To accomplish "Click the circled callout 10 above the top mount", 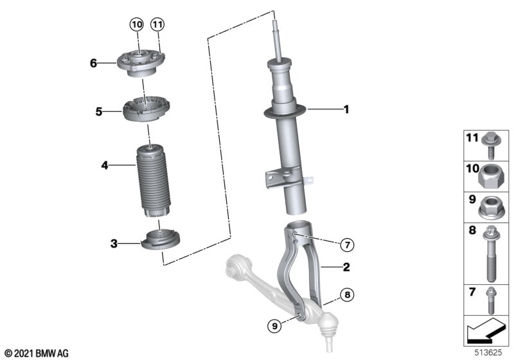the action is [137, 24].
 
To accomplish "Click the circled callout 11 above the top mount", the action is [157, 24].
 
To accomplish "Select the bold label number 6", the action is [93, 63].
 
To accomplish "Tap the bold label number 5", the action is [99, 112].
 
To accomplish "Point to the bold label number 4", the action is [105, 165].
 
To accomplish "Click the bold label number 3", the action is [114, 244].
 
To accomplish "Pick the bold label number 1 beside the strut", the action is [346, 109].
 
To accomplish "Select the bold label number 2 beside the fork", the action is [346, 267].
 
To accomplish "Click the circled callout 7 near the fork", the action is [347, 244].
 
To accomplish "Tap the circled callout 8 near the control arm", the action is [347, 295].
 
